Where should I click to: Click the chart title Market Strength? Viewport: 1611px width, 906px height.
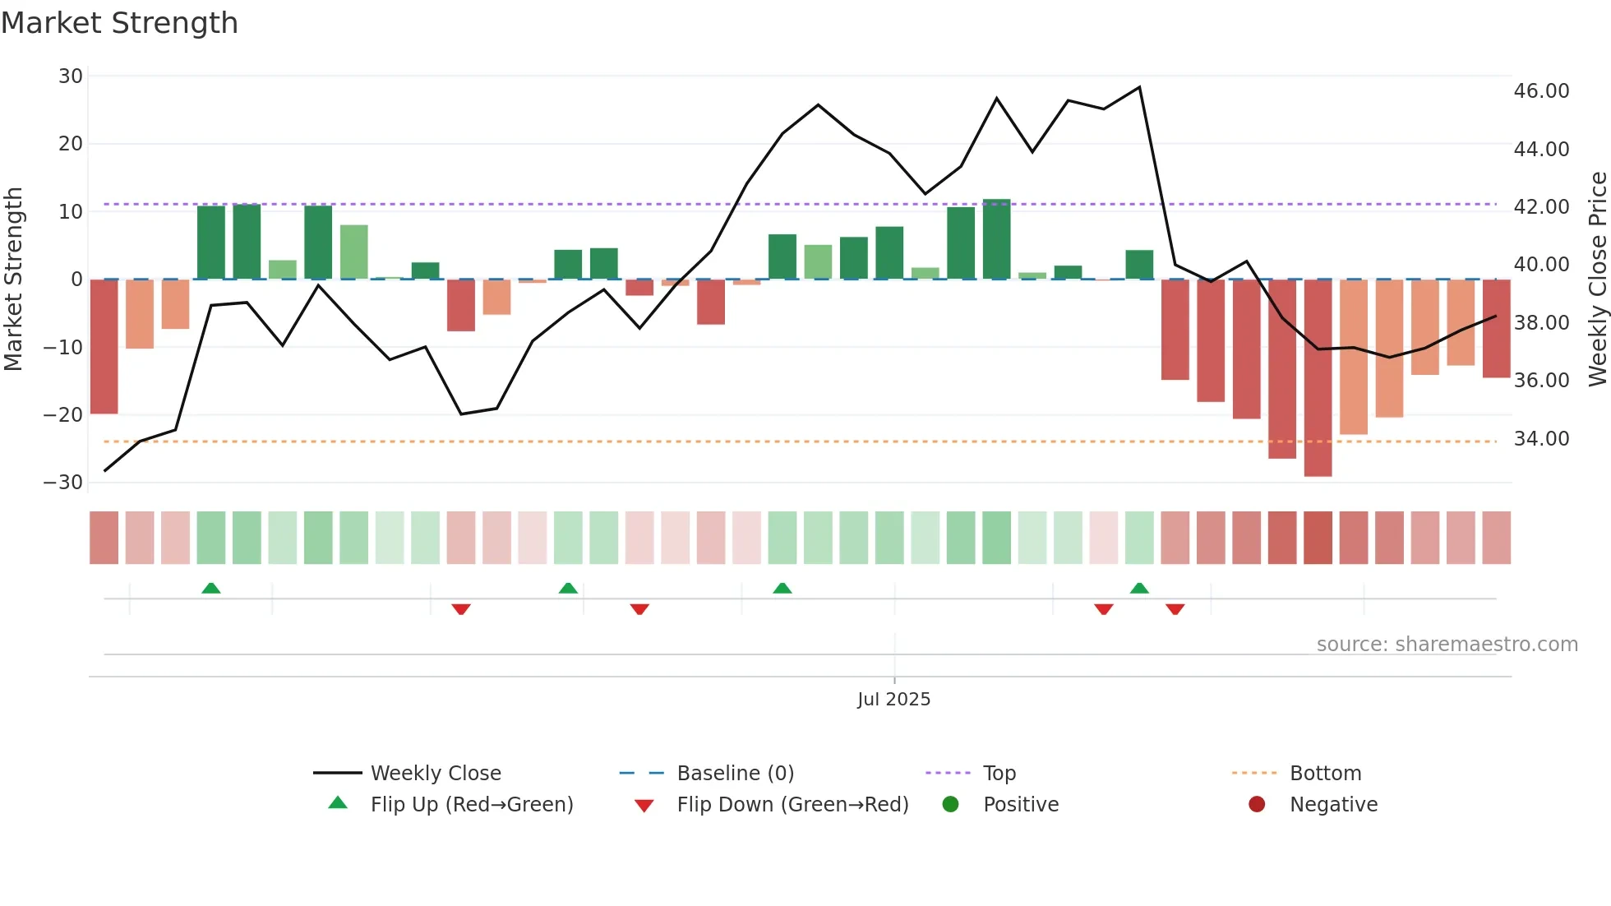tap(119, 22)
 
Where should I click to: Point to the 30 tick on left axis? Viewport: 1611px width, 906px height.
tap(71, 76)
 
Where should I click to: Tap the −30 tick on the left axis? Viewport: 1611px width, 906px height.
tap(63, 483)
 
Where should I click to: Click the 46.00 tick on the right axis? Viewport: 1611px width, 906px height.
tap(1541, 91)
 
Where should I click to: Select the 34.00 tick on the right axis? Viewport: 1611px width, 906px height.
tap(1541, 439)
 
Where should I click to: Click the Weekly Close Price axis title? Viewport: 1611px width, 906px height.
tap(1597, 280)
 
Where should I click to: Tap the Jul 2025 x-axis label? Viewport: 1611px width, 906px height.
tap(893, 700)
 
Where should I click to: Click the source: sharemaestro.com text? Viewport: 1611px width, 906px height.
tap(1447, 645)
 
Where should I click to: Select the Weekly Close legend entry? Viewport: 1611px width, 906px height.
tap(435, 774)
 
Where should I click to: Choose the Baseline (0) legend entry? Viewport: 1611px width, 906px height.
tap(735, 774)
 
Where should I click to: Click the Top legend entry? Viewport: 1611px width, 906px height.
tap(999, 774)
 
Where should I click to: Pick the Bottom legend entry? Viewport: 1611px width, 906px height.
tap(1325, 774)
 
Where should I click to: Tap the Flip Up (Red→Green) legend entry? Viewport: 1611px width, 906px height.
tap(471, 805)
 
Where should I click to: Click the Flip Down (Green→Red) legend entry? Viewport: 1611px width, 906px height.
tap(792, 805)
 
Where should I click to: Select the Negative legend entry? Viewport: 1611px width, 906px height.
tap(1332, 805)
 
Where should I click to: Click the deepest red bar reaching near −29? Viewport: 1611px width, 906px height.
tap(1318, 378)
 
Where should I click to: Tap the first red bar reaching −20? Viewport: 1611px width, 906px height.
tap(104, 347)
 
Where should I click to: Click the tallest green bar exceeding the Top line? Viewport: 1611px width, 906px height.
tap(996, 239)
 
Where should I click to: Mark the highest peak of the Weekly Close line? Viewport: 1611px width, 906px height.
tap(1139, 87)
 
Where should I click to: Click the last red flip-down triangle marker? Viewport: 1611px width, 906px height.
tap(1175, 609)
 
